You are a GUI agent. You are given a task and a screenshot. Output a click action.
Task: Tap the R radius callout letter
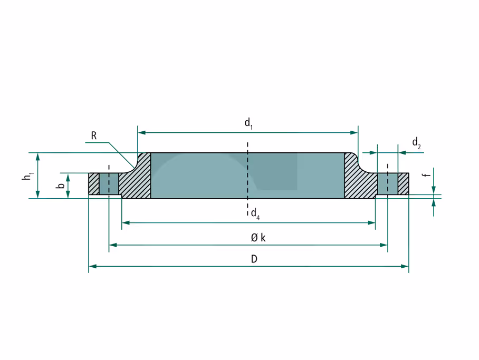pos(94,135)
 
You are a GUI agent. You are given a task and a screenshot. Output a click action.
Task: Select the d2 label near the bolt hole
pos(417,143)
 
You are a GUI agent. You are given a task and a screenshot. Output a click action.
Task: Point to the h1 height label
pos(28,176)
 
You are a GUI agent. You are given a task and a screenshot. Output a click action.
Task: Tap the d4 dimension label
pos(255,213)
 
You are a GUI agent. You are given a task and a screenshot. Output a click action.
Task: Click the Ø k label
pos(258,238)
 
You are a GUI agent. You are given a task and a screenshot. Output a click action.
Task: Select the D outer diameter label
pos(254,259)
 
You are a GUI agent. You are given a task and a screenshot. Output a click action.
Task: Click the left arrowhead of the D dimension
pos(92,266)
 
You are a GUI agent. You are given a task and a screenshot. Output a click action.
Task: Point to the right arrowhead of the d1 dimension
pos(354,132)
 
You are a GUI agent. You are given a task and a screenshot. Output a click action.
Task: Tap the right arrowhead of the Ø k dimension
pos(384,245)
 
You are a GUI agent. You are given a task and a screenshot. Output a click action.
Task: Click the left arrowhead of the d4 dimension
pos(126,222)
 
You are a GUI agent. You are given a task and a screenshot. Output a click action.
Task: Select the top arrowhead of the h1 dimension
pos(37,157)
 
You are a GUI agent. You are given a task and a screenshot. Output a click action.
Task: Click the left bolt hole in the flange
pos(109,184)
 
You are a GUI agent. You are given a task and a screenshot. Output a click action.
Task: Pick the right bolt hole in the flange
pos(388,184)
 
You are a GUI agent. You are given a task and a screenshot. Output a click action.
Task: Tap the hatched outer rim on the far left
pos(94,184)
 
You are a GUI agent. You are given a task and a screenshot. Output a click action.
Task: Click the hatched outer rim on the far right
pos(404,184)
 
